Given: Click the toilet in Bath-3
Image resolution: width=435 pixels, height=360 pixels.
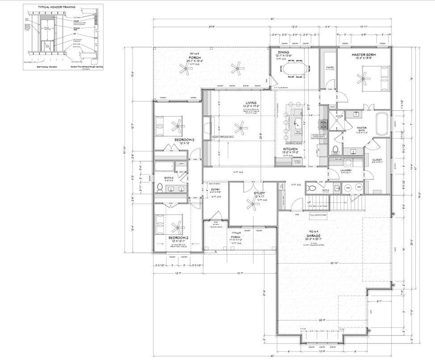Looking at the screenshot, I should pos(159,188).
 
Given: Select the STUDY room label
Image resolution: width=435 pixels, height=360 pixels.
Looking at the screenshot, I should pos(260,193).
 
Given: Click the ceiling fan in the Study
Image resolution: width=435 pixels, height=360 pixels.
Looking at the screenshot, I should pos(252,205).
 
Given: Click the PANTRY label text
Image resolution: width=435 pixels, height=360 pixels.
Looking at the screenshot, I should pos(330,67).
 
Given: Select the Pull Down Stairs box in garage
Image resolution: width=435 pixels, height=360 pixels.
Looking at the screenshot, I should pos(318,215).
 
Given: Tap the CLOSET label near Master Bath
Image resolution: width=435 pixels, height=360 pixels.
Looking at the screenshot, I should pos(371,159).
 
